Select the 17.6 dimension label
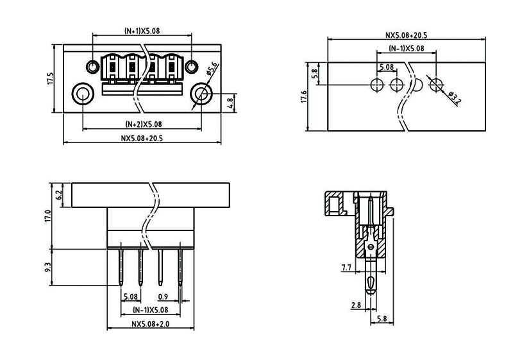click(305, 96)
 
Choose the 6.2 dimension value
click(59, 194)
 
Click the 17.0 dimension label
click(47, 215)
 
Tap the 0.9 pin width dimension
click(163, 296)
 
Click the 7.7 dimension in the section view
click(346, 266)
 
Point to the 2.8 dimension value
click(355, 305)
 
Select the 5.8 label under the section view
click(382, 318)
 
